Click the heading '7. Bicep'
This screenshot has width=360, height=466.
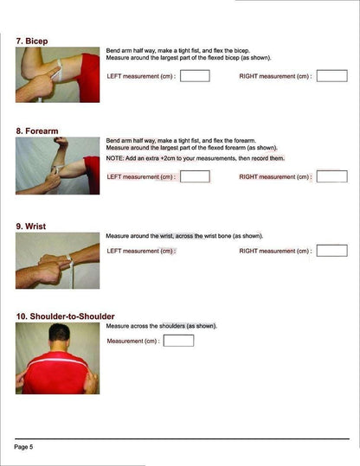coord(32,41)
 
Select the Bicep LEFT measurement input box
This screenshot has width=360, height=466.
coord(195,76)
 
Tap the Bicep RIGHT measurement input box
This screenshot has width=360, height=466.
coord(331,76)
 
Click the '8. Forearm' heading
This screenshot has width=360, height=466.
coord(37,131)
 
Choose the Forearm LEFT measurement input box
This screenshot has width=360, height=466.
coord(195,176)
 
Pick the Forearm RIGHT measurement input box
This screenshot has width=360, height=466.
coord(331,176)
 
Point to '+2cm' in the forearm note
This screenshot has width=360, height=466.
coord(168,158)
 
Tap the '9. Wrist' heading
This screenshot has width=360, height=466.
coord(31,227)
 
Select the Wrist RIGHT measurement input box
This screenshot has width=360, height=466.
coord(331,251)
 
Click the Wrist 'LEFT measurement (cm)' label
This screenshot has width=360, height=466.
coord(141,251)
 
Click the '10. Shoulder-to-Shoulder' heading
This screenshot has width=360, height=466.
coord(66,316)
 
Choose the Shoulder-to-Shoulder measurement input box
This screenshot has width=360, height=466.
coord(178,341)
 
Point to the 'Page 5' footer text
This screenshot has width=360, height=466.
coord(23,447)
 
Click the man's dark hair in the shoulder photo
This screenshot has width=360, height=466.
coord(60,331)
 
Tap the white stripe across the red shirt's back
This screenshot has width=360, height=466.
coord(58,361)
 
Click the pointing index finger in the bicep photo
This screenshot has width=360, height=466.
coord(53,73)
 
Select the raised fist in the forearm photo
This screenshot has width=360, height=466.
coord(61,142)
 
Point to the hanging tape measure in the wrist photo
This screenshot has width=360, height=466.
coord(71,272)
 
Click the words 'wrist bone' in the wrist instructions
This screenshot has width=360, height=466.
coord(217,236)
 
